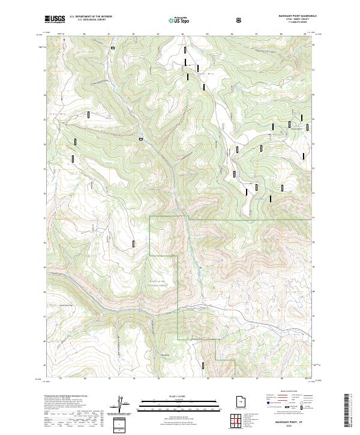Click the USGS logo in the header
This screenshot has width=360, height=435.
click(55, 19)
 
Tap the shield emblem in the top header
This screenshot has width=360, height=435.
click(239, 20)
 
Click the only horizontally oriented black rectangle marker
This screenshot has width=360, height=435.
click(141, 139)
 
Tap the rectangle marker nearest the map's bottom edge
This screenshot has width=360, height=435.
click(204, 364)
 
